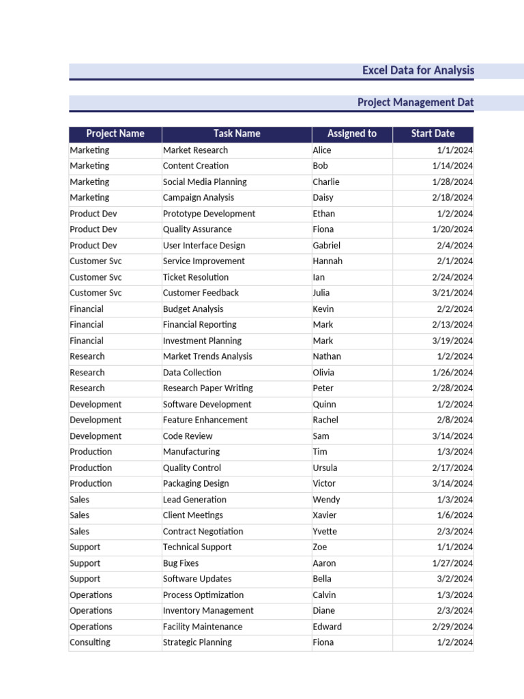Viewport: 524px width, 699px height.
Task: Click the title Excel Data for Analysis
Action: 418,70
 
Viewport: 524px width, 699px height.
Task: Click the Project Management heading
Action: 415,102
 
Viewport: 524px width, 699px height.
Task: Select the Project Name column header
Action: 115,134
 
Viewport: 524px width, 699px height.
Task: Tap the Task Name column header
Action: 237,134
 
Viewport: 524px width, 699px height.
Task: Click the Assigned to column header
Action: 351,134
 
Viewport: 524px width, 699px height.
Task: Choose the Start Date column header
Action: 433,134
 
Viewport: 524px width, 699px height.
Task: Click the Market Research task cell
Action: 195,150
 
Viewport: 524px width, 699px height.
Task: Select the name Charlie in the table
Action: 325,182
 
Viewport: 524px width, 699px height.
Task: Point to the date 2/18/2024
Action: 452,197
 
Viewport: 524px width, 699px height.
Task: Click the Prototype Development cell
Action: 209,214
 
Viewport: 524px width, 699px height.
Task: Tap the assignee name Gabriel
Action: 326,246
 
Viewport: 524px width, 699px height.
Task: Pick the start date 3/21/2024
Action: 452,293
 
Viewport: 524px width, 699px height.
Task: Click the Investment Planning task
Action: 202,341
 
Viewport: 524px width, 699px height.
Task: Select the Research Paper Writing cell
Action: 207,388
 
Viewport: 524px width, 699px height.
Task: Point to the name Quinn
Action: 324,404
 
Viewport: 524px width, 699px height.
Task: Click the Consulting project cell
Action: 89,642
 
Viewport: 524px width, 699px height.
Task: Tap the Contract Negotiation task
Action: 203,531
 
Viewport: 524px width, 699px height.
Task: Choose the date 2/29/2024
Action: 452,627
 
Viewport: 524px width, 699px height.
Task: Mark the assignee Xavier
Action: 325,515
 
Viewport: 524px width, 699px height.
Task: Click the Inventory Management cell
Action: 208,610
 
